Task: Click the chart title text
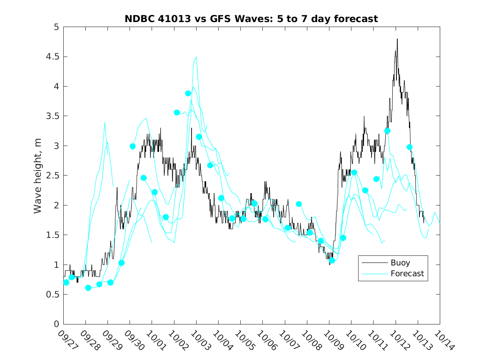tap(251, 19)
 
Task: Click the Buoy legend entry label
tap(400, 263)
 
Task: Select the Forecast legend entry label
tap(407, 274)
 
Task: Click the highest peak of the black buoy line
tap(397, 39)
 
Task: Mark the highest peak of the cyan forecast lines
tap(196, 57)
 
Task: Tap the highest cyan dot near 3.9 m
tap(188, 93)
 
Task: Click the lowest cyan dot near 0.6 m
tap(88, 288)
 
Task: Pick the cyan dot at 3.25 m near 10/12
tap(387, 131)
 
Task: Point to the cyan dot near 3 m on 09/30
tap(132, 146)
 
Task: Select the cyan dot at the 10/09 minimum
tap(332, 260)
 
